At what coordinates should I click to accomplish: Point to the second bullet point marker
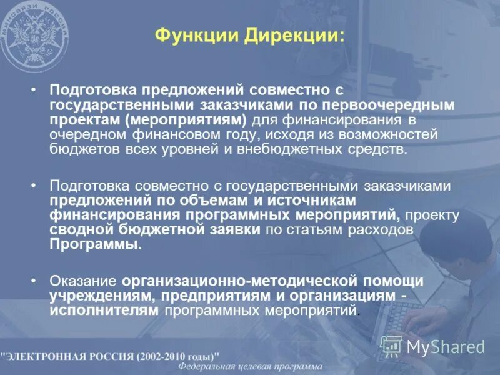click(x=34, y=186)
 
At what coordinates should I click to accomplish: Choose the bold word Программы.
click(x=95, y=245)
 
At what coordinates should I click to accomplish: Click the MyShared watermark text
click(x=446, y=347)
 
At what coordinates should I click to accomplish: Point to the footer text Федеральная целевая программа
click(x=250, y=367)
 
